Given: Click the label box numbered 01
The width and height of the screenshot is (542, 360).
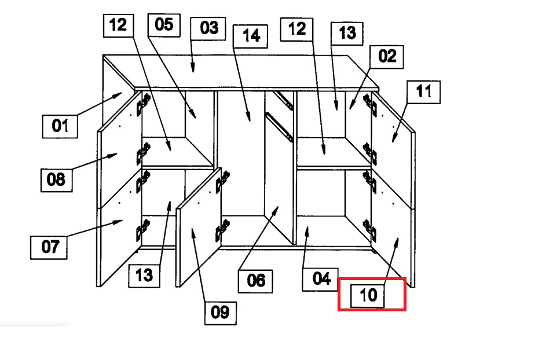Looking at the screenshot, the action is tap(60, 126).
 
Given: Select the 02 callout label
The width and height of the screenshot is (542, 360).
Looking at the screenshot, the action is tap(387, 57).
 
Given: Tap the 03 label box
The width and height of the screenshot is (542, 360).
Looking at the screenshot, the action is tap(208, 28).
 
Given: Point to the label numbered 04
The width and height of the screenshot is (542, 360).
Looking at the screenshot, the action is tap(320, 279).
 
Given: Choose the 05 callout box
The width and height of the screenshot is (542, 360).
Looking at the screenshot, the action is tap(164, 25).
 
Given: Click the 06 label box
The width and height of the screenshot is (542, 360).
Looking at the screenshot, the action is tap(255, 281).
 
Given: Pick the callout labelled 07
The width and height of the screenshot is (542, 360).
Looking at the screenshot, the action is tap(49, 247).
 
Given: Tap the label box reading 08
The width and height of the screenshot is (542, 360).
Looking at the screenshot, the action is tap(56, 180).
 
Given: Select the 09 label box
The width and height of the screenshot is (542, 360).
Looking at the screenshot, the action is tap(221, 313).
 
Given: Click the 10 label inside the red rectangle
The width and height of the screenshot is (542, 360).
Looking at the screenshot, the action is tap(368, 296).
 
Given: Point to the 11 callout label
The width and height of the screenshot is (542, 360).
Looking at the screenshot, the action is tap(423, 92).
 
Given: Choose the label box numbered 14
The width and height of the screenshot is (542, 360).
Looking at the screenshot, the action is tap(250, 36).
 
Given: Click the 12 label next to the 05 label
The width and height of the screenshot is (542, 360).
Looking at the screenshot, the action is tap(119, 25).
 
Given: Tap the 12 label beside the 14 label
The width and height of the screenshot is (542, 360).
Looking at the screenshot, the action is tap(296, 30).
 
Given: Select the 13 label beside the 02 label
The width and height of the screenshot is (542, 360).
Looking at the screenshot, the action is tap(347, 34).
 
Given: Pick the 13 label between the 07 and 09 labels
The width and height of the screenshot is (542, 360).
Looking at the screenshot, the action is tap(144, 276).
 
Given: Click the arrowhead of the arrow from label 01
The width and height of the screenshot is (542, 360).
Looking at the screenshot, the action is tap(122, 93).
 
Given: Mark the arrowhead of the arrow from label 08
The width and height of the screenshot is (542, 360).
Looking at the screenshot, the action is tap(118, 154).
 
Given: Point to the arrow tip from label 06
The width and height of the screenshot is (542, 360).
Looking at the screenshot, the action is tap(279, 207).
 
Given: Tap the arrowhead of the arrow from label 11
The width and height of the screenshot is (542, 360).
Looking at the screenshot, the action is tap(393, 142).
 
